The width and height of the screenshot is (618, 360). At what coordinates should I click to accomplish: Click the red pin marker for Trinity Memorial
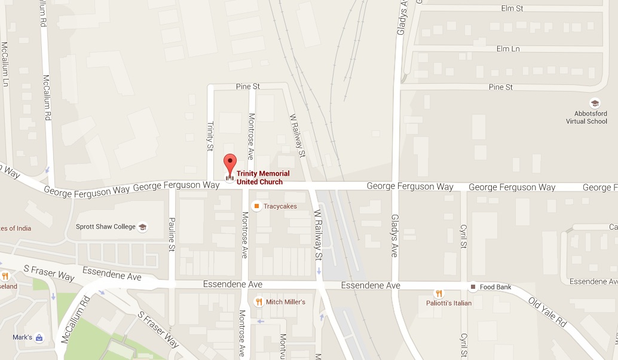point(230,163)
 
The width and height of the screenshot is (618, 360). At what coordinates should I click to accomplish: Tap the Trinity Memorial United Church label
point(263,178)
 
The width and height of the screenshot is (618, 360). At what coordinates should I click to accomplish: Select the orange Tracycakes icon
point(256,206)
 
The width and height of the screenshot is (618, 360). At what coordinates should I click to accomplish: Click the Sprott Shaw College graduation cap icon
point(142,227)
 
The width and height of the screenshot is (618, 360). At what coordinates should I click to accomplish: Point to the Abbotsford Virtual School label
point(586,117)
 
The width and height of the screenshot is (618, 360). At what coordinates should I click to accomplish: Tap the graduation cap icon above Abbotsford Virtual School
point(594,103)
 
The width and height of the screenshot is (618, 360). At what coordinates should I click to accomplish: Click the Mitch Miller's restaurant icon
point(259,302)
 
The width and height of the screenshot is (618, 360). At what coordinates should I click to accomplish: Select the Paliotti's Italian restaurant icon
point(438,294)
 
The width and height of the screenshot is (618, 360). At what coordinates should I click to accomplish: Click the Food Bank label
point(495,287)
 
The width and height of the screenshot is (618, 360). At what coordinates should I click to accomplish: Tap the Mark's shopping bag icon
point(39,337)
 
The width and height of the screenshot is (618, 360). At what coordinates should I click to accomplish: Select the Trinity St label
point(210,136)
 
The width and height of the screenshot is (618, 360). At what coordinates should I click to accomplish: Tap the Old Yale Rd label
point(547,313)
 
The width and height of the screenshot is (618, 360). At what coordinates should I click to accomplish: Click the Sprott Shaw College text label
point(106,227)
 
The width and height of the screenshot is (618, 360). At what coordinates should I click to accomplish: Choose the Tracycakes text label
point(280,206)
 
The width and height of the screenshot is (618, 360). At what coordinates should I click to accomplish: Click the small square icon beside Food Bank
point(473,287)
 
